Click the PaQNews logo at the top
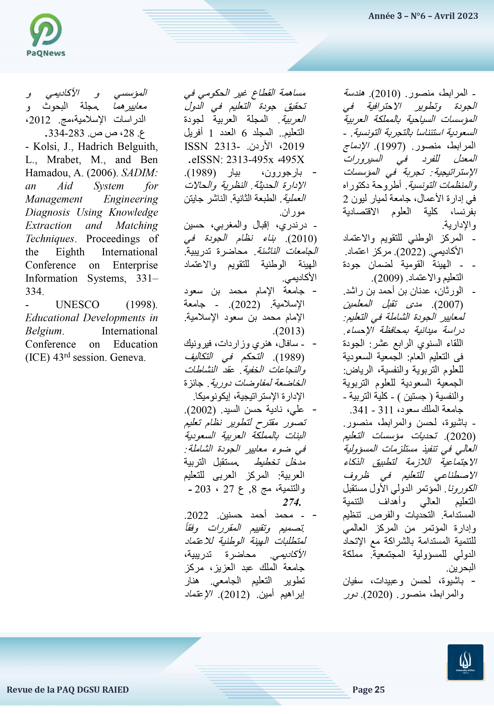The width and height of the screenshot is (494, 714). pyautogui.click(x=46, y=35)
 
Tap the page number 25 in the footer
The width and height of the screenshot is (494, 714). pyautogui.click(x=379, y=690)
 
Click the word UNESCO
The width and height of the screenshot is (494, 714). pyautogui.click(x=77, y=305)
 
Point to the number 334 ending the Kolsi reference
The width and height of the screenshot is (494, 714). pyautogui.click(x=34, y=291)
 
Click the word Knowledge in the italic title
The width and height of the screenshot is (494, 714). pyautogui.click(x=133, y=212)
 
